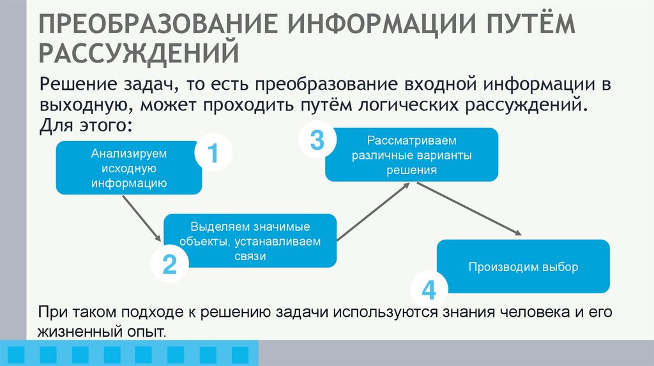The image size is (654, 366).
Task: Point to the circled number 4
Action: (428, 290)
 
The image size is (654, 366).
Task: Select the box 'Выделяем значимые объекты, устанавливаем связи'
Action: (250, 241)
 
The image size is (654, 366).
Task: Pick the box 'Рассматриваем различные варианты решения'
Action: (411, 155)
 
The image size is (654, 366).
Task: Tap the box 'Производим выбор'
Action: (522, 267)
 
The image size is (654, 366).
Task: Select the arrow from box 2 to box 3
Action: (372, 211)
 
